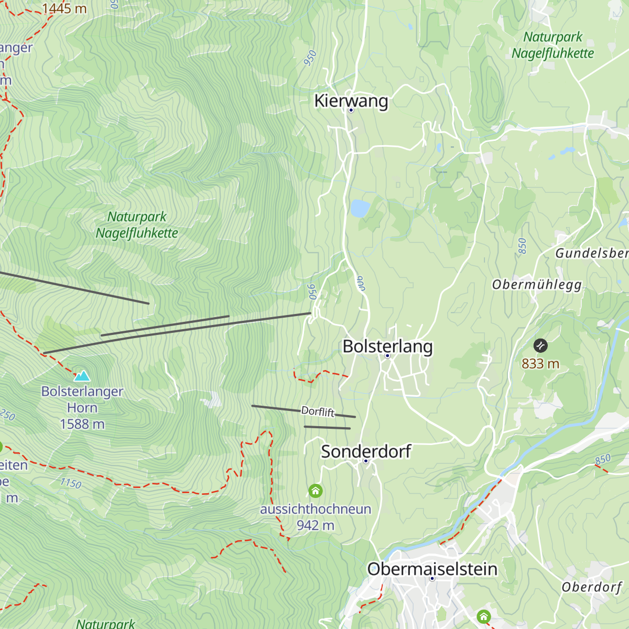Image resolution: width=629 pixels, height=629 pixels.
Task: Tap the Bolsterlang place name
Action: tap(387, 346)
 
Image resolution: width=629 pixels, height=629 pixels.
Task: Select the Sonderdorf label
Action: tap(366, 451)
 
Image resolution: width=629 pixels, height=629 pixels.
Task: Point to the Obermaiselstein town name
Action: tap(432, 569)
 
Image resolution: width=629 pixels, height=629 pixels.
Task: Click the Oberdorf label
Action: tap(592, 587)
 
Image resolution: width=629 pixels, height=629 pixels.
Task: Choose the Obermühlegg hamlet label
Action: tap(537, 285)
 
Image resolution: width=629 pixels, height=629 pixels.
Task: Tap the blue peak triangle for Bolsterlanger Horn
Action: tap(82, 376)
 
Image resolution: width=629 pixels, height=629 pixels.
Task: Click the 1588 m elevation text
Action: tap(82, 424)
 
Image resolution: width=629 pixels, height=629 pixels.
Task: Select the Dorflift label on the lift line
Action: tap(318, 411)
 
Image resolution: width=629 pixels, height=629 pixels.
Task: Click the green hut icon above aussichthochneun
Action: tap(316, 491)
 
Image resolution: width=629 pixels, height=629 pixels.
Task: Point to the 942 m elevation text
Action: tap(315, 525)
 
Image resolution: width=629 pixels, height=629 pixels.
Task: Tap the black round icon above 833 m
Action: tap(540, 345)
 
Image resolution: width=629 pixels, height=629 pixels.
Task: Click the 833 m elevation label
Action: tap(540, 363)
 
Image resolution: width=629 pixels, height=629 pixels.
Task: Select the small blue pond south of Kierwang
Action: tap(360, 208)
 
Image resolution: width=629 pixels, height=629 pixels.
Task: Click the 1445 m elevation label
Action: tap(64, 8)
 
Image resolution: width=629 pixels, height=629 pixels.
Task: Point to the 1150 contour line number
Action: tap(71, 483)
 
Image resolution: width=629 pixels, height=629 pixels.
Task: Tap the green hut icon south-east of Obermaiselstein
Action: tap(483, 616)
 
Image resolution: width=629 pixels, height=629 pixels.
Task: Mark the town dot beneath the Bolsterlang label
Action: tap(388, 356)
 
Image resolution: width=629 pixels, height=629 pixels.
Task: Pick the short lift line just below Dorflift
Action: tap(327, 428)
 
